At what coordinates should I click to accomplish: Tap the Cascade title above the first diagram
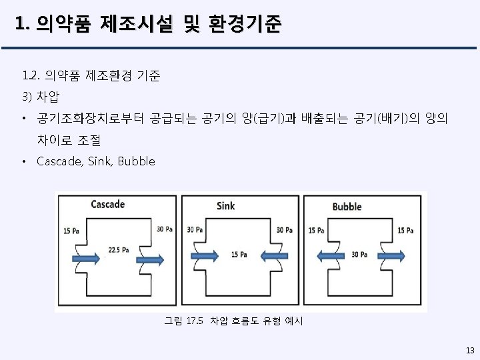pyautogui.click(x=107, y=203)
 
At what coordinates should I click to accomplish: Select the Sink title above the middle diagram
pyautogui.click(x=225, y=205)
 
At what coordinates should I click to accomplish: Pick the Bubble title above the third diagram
pyautogui.click(x=346, y=206)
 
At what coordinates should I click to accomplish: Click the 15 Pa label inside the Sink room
pyautogui.click(x=239, y=255)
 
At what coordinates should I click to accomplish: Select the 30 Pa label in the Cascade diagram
pyautogui.click(x=164, y=229)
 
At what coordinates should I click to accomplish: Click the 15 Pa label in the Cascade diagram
pyautogui.click(x=71, y=230)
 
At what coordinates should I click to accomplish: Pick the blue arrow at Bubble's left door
pyautogui.click(x=329, y=254)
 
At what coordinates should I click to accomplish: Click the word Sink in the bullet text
pyautogui.click(x=99, y=161)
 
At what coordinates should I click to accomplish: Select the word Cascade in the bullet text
pyautogui.click(x=59, y=161)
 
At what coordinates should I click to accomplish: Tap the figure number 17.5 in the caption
pyautogui.click(x=193, y=321)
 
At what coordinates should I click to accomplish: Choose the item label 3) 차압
pyautogui.click(x=41, y=98)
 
